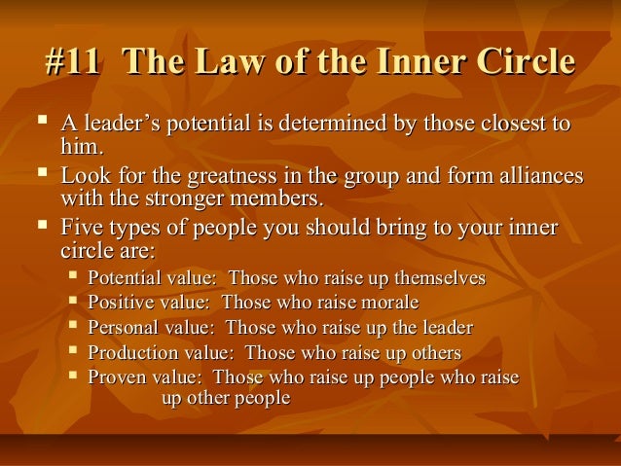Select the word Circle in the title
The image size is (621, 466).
pos(520,64)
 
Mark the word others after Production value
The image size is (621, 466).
pos(433,352)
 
